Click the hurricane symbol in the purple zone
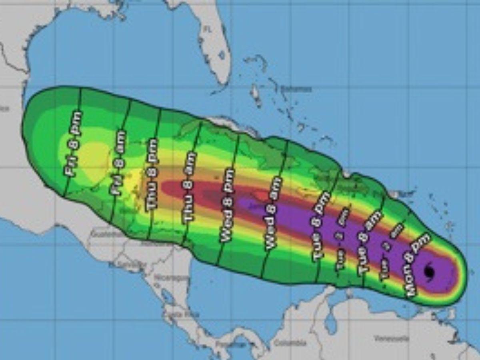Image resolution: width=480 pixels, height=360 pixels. point(429,272)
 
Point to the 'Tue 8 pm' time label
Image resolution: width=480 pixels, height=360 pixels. point(322,227)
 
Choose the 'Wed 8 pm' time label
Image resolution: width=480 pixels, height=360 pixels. point(226,205)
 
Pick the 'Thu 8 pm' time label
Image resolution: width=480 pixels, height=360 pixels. point(152,174)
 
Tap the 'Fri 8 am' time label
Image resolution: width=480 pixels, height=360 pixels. point(119,162)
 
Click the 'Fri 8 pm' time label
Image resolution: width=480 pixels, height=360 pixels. point(74,143)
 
